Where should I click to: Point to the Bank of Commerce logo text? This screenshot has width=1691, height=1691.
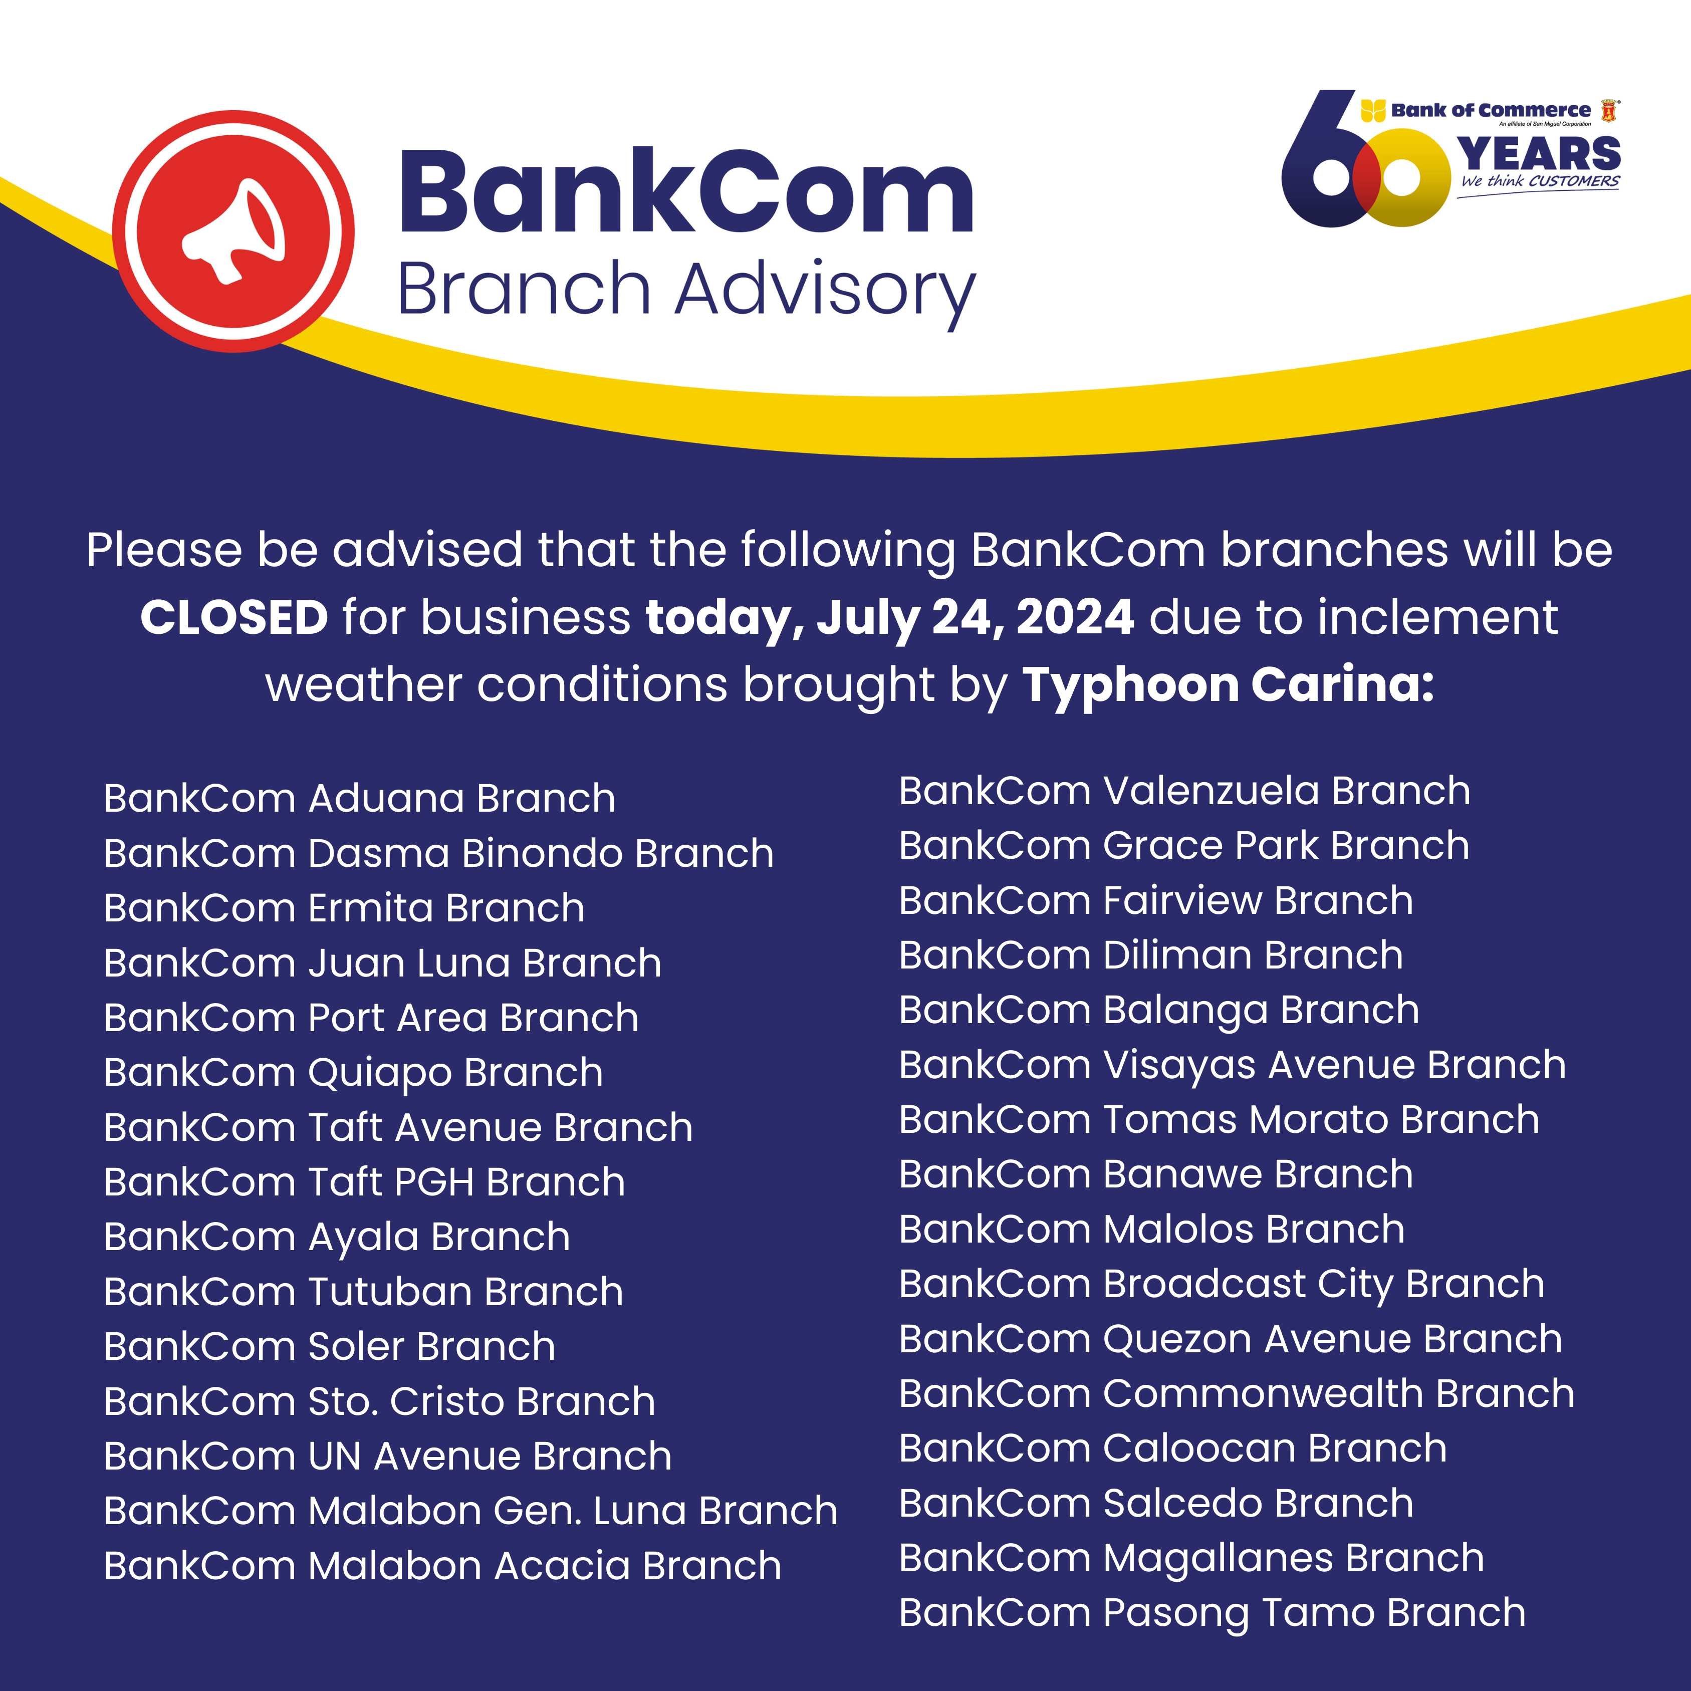(x=1491, y=110)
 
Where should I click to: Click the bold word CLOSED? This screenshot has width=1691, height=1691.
(x=233, y=618)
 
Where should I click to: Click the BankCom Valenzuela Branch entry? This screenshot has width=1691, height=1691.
(x=1185, y=791)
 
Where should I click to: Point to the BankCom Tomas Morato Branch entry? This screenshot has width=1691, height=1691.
(x=1219, y=1119)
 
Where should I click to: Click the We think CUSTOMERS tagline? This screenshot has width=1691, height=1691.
(x=1540, y=182)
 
